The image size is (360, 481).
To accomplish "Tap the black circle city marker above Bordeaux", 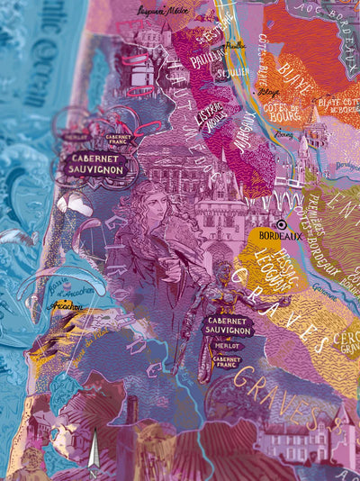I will (x=283, y=225).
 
